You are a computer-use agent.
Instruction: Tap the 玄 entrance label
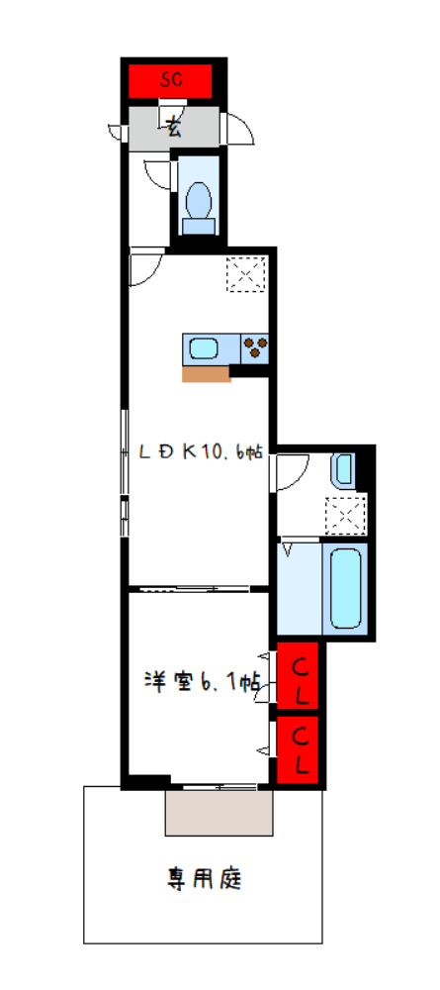click(x=174, y=127)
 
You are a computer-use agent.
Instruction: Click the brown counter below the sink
click(x=206, y=373)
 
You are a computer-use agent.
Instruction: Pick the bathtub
click(x=345, y=587)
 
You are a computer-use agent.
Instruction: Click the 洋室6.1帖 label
click(x=202, y=682)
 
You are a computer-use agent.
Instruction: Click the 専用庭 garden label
click(x=204, y=878)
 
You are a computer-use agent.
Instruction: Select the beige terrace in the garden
click(x=219, y=813)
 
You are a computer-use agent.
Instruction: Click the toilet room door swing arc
click(x=157, y=174)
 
